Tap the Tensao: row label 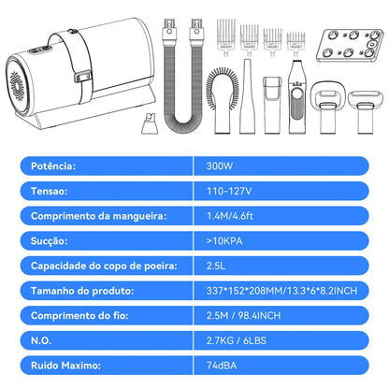point(46,193)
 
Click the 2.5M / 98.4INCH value point(239,314)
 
